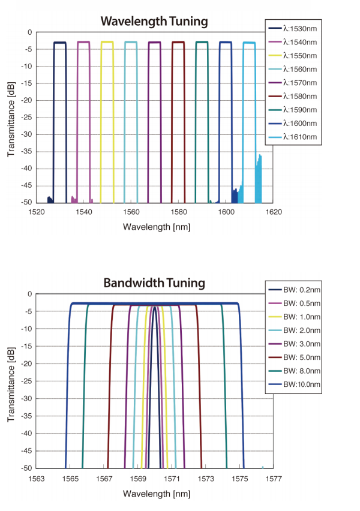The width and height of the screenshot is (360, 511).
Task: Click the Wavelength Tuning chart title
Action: point(154,22)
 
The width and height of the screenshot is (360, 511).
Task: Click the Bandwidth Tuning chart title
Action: point(154,282)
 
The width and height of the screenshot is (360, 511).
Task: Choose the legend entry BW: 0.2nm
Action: point(294,290)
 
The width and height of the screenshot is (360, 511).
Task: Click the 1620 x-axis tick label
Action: point(273,212)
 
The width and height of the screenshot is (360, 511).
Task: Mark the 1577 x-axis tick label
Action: point(273,478)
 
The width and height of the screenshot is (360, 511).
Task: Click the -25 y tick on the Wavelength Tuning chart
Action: point(25,118)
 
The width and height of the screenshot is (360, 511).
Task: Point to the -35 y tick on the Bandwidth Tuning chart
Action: point(25,415)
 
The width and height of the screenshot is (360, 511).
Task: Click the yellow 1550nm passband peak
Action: point(107,42)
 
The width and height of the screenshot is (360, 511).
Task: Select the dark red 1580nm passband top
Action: point(178,42)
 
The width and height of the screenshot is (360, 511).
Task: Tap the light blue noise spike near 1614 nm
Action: point(259,174)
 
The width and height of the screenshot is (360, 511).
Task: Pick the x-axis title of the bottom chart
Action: point(154,494)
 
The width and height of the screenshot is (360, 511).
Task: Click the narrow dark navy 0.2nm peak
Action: point(155,308)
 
